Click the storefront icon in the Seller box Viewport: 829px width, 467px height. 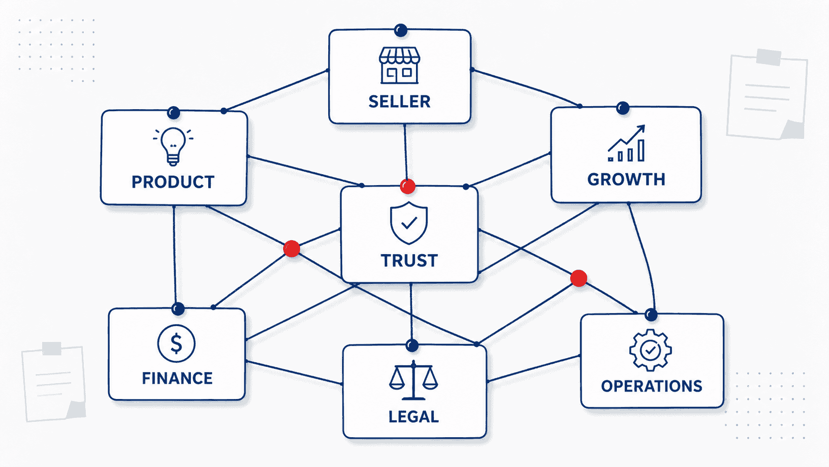(x=399, y=65)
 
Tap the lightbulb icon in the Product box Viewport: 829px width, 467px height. (x=173, y=146)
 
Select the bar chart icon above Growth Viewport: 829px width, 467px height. (x=627, y=143)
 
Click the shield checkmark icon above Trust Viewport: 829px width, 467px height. (x=409, y=223)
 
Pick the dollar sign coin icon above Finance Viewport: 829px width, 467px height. (x=176, y=343)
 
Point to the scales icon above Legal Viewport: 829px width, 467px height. (x=414, y=380)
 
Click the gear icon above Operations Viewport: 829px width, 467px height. (x=651, y=350)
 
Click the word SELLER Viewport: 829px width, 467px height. (x=400, y=101)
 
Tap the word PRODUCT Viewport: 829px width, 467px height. (x=173, y=182)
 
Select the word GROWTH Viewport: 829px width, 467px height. (x=626, y=179)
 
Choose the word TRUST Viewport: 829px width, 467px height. (x=410, y=261)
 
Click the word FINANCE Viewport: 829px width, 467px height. (x=178, y=378)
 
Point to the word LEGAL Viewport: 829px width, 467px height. (x=414, y=417)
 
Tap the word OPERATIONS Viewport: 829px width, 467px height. (x=651, y=386)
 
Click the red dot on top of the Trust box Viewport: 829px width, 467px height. (x=408, y=186)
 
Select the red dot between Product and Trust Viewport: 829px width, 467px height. (x=292, y=249)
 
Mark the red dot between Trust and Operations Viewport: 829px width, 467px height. (x=579, y=278)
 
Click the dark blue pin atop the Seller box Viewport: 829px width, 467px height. (x=401, y=30)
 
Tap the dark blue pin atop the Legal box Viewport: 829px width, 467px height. (x=412, y=345)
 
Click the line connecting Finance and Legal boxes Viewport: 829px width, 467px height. (x=294, y=373)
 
